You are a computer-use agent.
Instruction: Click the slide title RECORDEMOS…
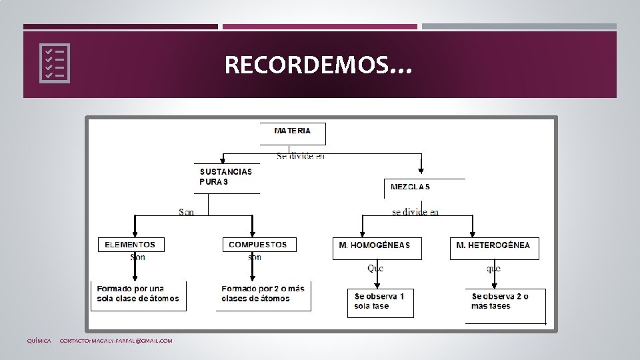point(319,65)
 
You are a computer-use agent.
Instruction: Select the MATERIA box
point(293,133)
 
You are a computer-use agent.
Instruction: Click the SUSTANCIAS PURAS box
point(226,177)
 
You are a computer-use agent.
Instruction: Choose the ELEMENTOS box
point(131,245)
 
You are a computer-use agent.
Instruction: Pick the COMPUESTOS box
point(258,245)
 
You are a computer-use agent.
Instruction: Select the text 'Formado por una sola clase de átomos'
point(138,294)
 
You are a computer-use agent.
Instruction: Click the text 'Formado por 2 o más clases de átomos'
point(263,294)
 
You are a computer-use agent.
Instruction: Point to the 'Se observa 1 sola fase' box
point(380,301)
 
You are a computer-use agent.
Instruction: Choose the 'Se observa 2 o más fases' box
point(505,301)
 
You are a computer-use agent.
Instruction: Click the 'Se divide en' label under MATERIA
point(301,156)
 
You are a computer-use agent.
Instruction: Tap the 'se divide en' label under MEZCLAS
point(415,212)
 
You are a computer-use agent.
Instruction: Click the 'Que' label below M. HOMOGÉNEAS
point(375,268)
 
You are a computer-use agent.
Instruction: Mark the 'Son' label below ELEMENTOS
point(138,257)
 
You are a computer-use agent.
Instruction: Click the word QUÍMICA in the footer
point(39,341)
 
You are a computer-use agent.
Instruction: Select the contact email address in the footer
point(116,341)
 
